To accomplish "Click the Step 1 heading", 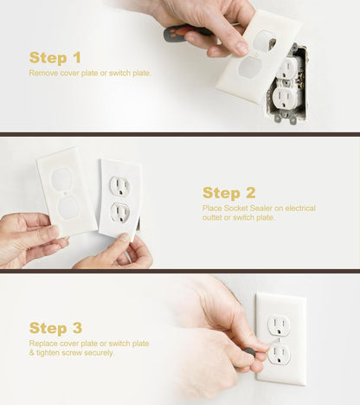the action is [55, 58].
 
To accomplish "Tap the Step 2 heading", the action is [229, 193].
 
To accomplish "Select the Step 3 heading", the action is [55, 328].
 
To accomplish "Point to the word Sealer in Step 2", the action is [261, 208].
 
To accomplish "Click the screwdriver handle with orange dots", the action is [177, 33].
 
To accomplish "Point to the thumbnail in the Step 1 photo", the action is [241, 48].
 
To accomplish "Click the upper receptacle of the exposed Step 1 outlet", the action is [288, 67].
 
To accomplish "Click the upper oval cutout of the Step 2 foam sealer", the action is [61, 179].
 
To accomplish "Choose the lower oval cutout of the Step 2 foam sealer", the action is [67, 207].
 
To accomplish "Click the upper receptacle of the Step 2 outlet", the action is [119, 185].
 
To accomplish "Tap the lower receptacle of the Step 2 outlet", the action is [120, 212].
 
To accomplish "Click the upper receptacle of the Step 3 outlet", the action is [279, 325].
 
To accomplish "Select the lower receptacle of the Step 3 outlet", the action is [280, 354].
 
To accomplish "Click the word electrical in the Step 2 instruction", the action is [300, 208].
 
